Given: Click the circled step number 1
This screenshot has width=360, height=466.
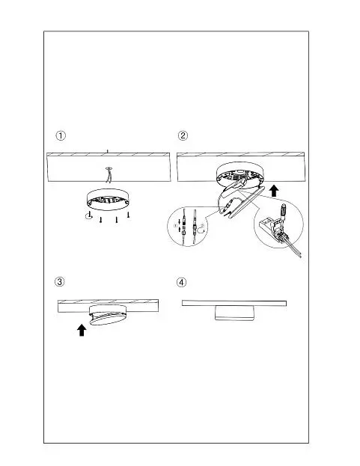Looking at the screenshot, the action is point(61,136).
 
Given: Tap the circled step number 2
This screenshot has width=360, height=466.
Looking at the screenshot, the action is point(183,135).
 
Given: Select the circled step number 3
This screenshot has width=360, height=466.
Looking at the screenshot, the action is point(59,281).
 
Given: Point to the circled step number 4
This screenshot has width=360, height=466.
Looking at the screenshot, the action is point(181,282).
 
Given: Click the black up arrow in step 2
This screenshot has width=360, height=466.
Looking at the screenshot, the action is point(274,191).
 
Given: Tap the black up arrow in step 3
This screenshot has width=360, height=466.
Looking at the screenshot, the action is point(82,330).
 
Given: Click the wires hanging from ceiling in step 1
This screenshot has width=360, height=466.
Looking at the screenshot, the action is point(109,174).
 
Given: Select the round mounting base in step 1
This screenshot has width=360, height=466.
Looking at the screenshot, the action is point(109,200).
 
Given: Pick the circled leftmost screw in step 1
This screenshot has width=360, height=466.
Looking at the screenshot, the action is point(88,215).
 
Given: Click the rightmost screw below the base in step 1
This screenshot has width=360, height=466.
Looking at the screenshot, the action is point(128,215).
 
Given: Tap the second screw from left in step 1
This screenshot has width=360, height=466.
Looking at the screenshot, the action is point(101,220).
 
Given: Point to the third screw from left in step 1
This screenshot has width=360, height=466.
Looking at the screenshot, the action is point(117,220).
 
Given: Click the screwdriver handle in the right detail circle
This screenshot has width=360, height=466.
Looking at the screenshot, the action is point(284,211).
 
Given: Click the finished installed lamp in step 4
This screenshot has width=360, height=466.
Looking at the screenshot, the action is point(234,313).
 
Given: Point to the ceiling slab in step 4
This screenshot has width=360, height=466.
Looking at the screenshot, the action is point(234,303).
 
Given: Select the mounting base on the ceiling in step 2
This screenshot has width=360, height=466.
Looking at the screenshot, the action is point(240,174).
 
